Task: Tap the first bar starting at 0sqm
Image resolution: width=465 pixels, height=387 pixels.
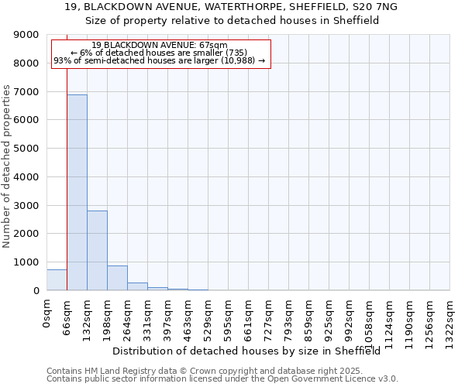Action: click(x=57, y=279)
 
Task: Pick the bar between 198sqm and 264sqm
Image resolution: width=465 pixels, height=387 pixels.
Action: click(x=117, y=278)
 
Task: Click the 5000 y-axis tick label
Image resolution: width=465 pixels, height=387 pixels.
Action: click(x=27, y=149)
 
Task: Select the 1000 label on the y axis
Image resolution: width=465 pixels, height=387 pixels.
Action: click(x=27, y=262)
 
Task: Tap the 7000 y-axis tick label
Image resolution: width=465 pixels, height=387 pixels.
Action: click(x=27, y=92)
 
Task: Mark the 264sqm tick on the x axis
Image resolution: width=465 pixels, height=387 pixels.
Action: click(x=128, y=313)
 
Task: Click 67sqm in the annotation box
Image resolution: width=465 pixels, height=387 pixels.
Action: click(x=214, y=46)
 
